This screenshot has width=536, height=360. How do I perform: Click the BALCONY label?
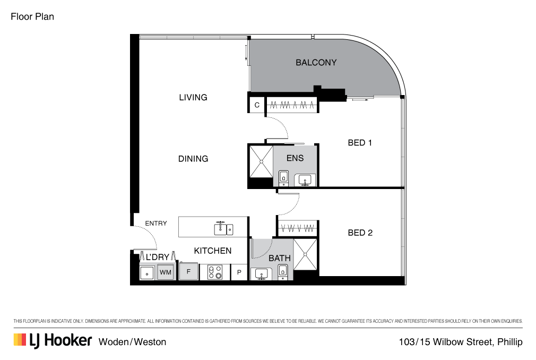click(316, 63)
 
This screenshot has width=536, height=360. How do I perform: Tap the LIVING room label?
click(193, 98)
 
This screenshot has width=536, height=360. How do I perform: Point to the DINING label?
click(193, 159)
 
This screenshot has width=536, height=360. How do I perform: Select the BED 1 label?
click(360, 142)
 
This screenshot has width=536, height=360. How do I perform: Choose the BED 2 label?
click(360, 233)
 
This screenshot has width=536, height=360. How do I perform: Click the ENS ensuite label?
click(295, 158)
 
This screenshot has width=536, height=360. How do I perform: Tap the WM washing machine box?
click(166, 272)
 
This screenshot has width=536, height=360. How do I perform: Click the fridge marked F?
click(188, 272)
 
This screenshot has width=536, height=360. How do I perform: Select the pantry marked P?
click(239, 272)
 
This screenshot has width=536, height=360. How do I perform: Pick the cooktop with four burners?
click(215, 272)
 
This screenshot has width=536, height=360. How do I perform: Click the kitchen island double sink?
click(223, 229)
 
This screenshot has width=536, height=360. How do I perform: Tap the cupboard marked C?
click(257, 105)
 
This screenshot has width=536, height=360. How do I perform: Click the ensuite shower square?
click(262, 162)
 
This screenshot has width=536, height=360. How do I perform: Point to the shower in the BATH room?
click(305, 254)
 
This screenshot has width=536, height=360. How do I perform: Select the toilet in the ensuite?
click(283, 177)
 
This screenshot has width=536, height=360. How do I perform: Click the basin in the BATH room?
click(262, 274)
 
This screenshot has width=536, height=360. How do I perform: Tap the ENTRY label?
click(156, 223)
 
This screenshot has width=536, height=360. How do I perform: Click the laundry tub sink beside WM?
click(148, 273)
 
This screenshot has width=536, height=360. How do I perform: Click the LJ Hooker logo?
click(53, 340)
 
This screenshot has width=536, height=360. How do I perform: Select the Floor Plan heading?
click(32, 17)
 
